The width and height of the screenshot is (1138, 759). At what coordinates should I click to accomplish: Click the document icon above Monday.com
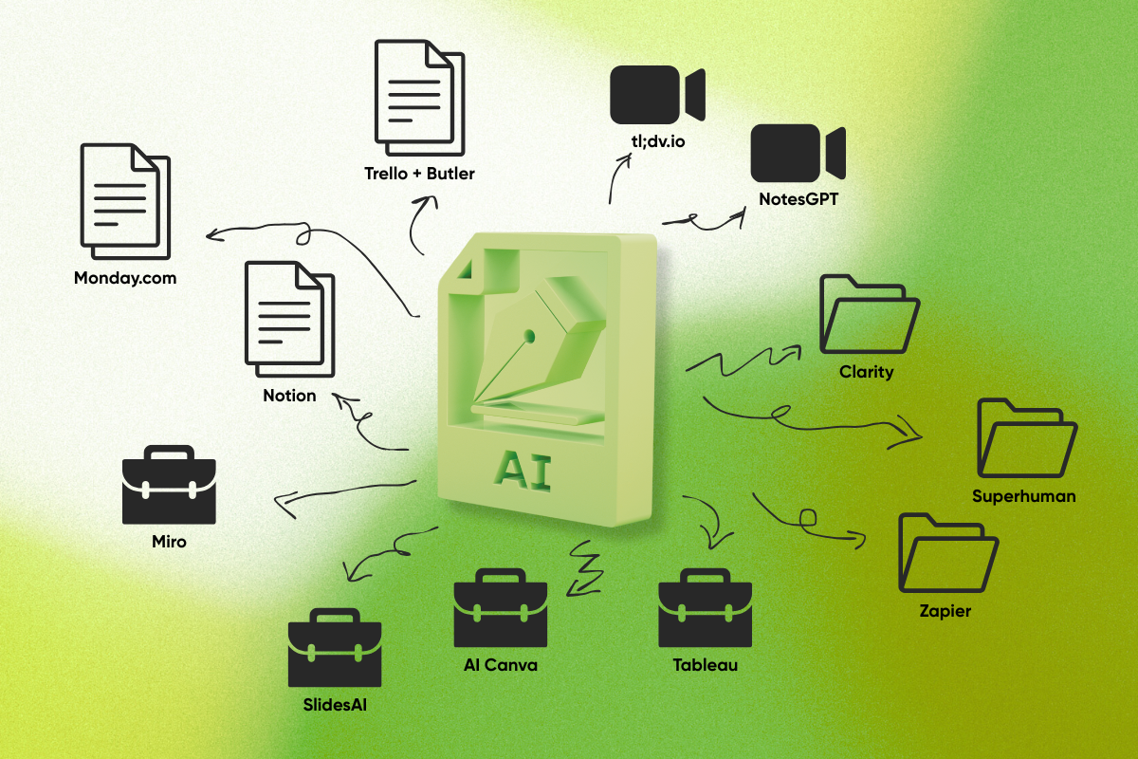[x=125, y=201]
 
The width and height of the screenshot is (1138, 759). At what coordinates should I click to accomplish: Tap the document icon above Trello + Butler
[x=419, y=98]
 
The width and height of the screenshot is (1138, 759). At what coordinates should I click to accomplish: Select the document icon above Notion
[x=289, y=320]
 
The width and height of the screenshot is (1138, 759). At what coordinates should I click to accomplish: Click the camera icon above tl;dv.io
[x=657, y=95]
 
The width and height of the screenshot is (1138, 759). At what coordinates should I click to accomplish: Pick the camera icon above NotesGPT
[x=798, y=153]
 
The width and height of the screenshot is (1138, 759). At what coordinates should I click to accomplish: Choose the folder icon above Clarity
[x=870, y=314]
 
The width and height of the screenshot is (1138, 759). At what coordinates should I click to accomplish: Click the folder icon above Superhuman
[x=1027, y=437]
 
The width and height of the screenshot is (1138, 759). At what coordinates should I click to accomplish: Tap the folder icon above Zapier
[x=948, y=553]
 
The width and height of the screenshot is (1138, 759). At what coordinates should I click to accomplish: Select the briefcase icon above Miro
[x=169, y=485]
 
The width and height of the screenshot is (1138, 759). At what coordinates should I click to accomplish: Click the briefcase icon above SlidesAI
[x=335, y=647]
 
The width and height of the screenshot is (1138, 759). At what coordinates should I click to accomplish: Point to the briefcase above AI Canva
[x=501, y=607]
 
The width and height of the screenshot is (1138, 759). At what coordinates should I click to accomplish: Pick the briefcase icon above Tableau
[x=706, y=607]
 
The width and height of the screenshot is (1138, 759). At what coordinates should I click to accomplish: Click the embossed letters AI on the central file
[x=523, y=471]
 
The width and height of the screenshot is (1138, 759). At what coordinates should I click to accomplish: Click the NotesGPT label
[x=798, y=199]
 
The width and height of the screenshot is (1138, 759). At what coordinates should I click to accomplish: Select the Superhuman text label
[x=1023, y=496]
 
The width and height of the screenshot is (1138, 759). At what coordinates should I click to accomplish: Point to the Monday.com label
[x=125, y=278]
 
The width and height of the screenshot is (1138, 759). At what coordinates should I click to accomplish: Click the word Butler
[x=450, y=174]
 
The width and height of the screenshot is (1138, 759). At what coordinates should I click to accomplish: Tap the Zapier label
[x=945, y=611]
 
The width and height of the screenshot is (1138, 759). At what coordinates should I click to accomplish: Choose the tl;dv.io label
[x=658, y=140]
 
